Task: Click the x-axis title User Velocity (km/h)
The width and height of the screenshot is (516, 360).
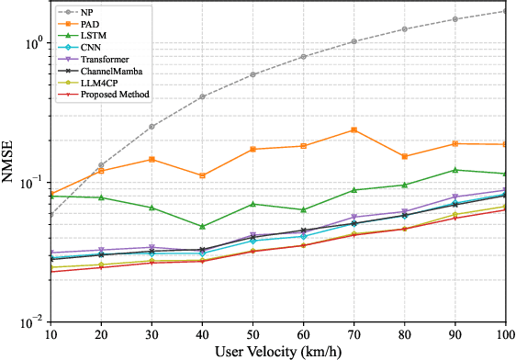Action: (279, 351)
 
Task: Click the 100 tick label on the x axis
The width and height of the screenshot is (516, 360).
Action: (504, 334)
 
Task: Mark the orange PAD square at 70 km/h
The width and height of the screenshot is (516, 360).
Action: (353, 130)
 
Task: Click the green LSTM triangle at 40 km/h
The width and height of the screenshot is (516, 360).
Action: (202, 226)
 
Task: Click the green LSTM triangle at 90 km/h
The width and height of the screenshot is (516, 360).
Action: (454, 170)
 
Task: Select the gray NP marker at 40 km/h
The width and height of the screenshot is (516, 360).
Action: (202, 96)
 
